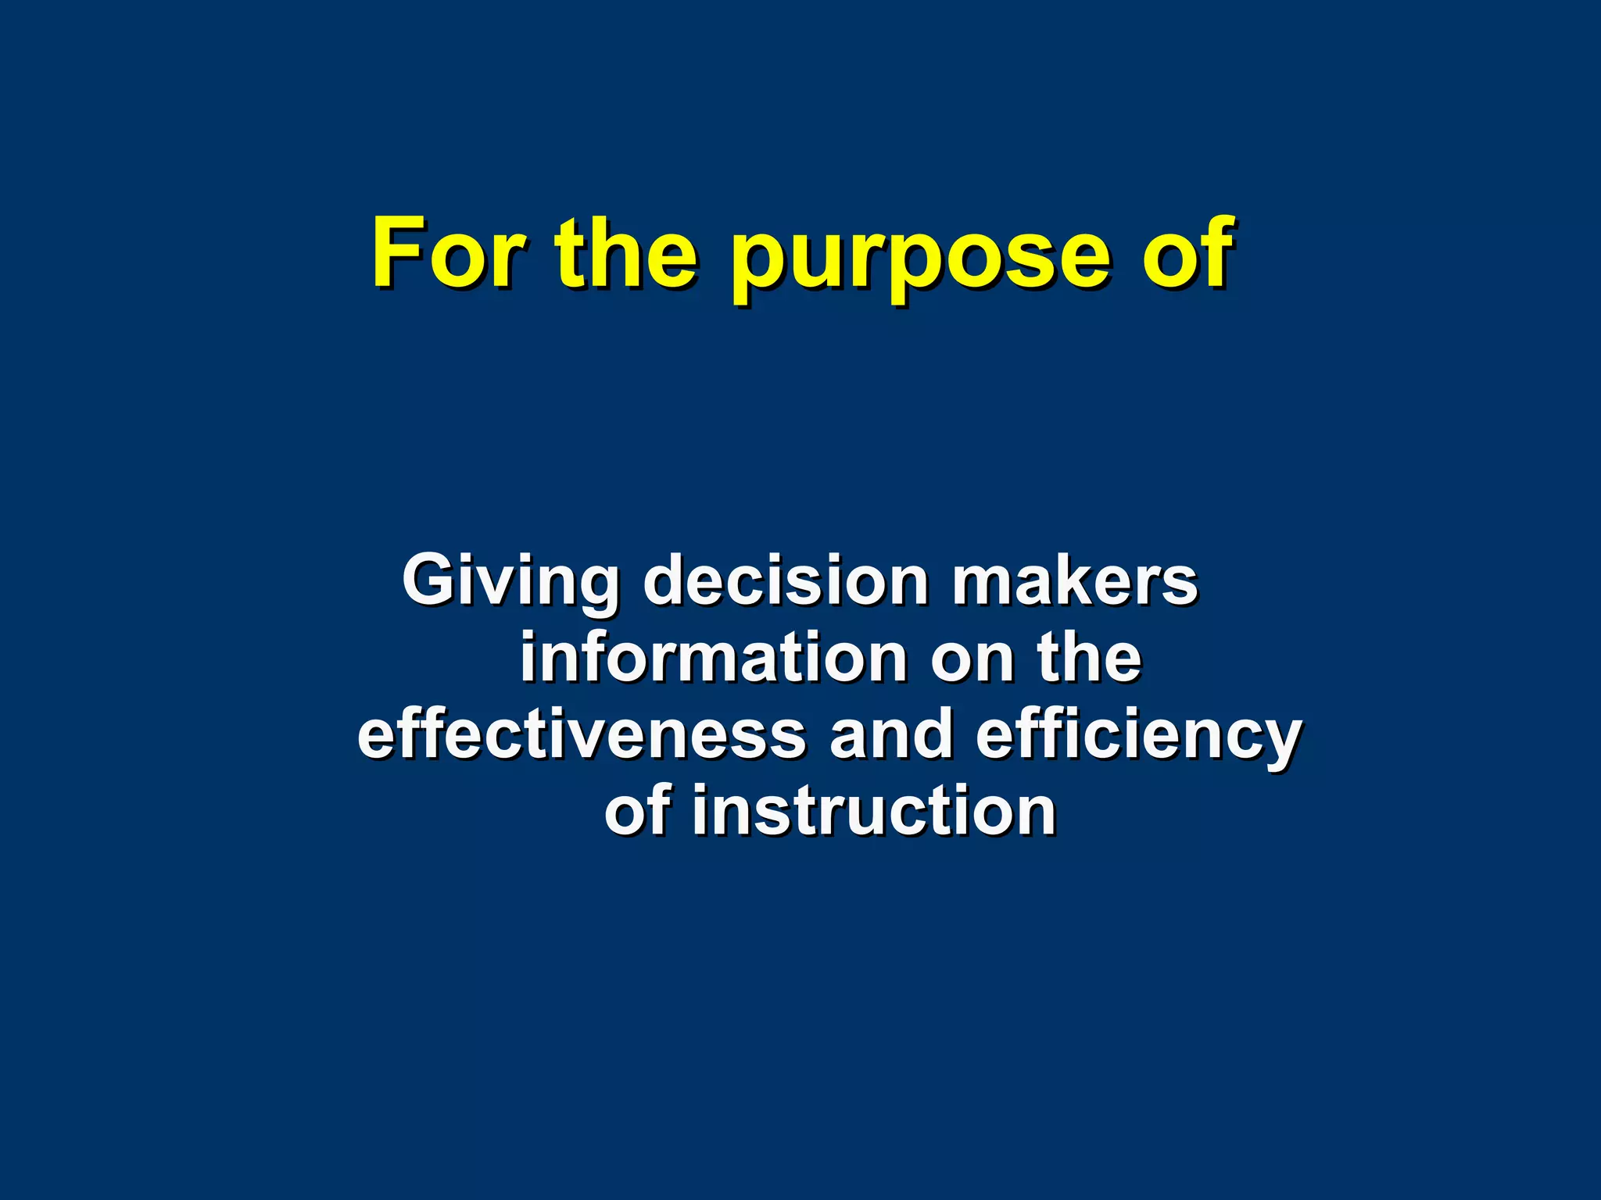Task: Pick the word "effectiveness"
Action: pyautogui.click(x=582, y=734)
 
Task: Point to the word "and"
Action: pyautogui.click(x=891, y=734)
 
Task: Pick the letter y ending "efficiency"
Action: pyautogui.click(x=1280, y=742)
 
